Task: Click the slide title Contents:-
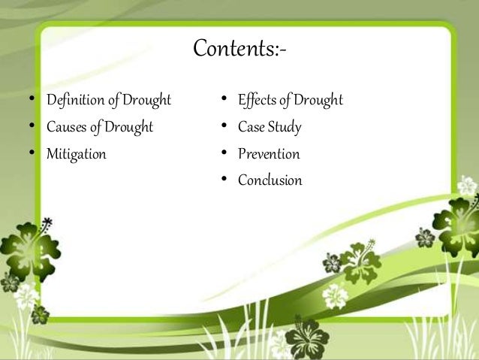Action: point(240,49)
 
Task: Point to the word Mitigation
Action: point(76,155)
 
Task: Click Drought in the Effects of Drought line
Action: point(318,100)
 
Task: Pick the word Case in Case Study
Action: point(252,127)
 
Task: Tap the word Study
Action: point(285,127)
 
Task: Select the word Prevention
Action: point(269,154)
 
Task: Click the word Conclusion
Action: point(270,180)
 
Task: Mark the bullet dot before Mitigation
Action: point(31,154)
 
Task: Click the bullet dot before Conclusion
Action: point(224,180)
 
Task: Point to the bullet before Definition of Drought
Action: point(31,100)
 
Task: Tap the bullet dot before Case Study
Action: point(224,127)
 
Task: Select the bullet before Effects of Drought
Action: point(224,100)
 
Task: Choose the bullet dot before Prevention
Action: point(224,154)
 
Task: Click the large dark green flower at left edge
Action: point(23,248)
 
